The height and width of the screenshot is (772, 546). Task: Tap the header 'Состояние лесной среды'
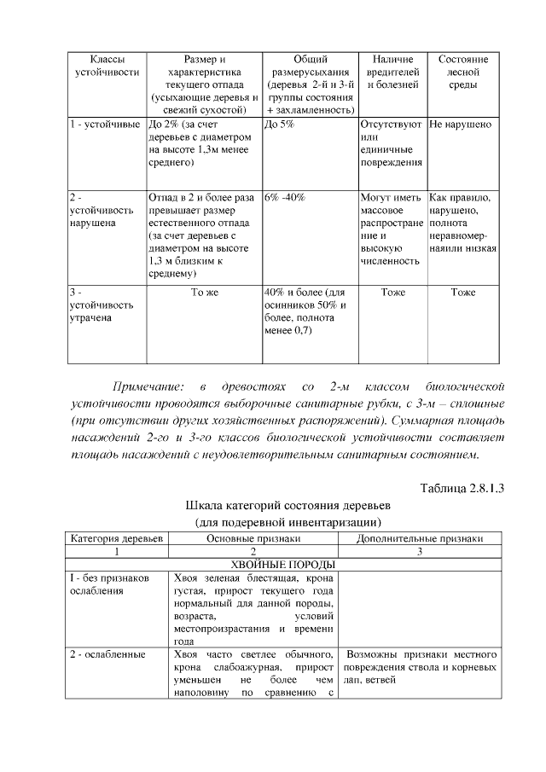[462, 72]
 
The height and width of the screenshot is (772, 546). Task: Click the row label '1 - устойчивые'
[104, 125]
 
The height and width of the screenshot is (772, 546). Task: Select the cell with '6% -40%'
[286, 197]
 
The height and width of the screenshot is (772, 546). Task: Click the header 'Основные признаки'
[253, 538]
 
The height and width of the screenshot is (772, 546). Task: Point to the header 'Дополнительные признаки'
[421, 538]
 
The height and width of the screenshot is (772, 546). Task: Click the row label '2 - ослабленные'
[107, 655]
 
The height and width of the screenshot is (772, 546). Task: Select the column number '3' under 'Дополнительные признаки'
[421, 551]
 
